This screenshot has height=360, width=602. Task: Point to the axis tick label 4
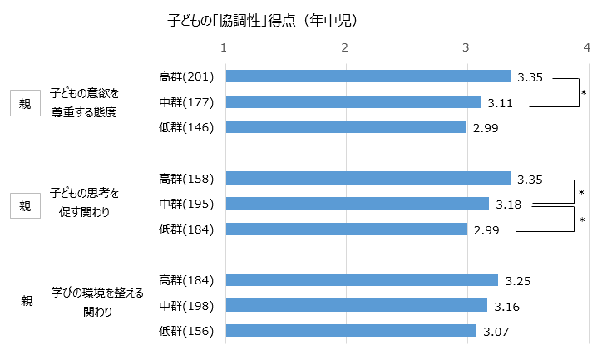pos(587,47)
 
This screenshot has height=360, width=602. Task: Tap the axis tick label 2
pos(345,47)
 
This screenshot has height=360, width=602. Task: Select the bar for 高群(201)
pos(368,76)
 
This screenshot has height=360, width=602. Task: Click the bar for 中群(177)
pos(353,102)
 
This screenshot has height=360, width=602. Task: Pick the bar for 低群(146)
pos(346,127)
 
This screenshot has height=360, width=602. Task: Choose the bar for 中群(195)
pos(357,204)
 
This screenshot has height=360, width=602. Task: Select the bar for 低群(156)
pos(350,331)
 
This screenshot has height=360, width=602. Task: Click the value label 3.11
pos(501,103)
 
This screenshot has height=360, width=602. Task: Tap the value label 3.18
pos(509,205)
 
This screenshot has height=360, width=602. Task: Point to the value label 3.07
pos(496,332)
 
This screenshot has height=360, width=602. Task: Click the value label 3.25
pos(518,281)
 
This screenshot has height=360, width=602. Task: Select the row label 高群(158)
pos(186,178)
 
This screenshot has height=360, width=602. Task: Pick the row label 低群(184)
pos(186,229)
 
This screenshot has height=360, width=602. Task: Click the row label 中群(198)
pos(186,306)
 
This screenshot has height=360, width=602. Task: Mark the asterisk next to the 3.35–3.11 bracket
pos(585,91)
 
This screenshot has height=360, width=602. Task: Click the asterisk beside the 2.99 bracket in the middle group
pos(582,219)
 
